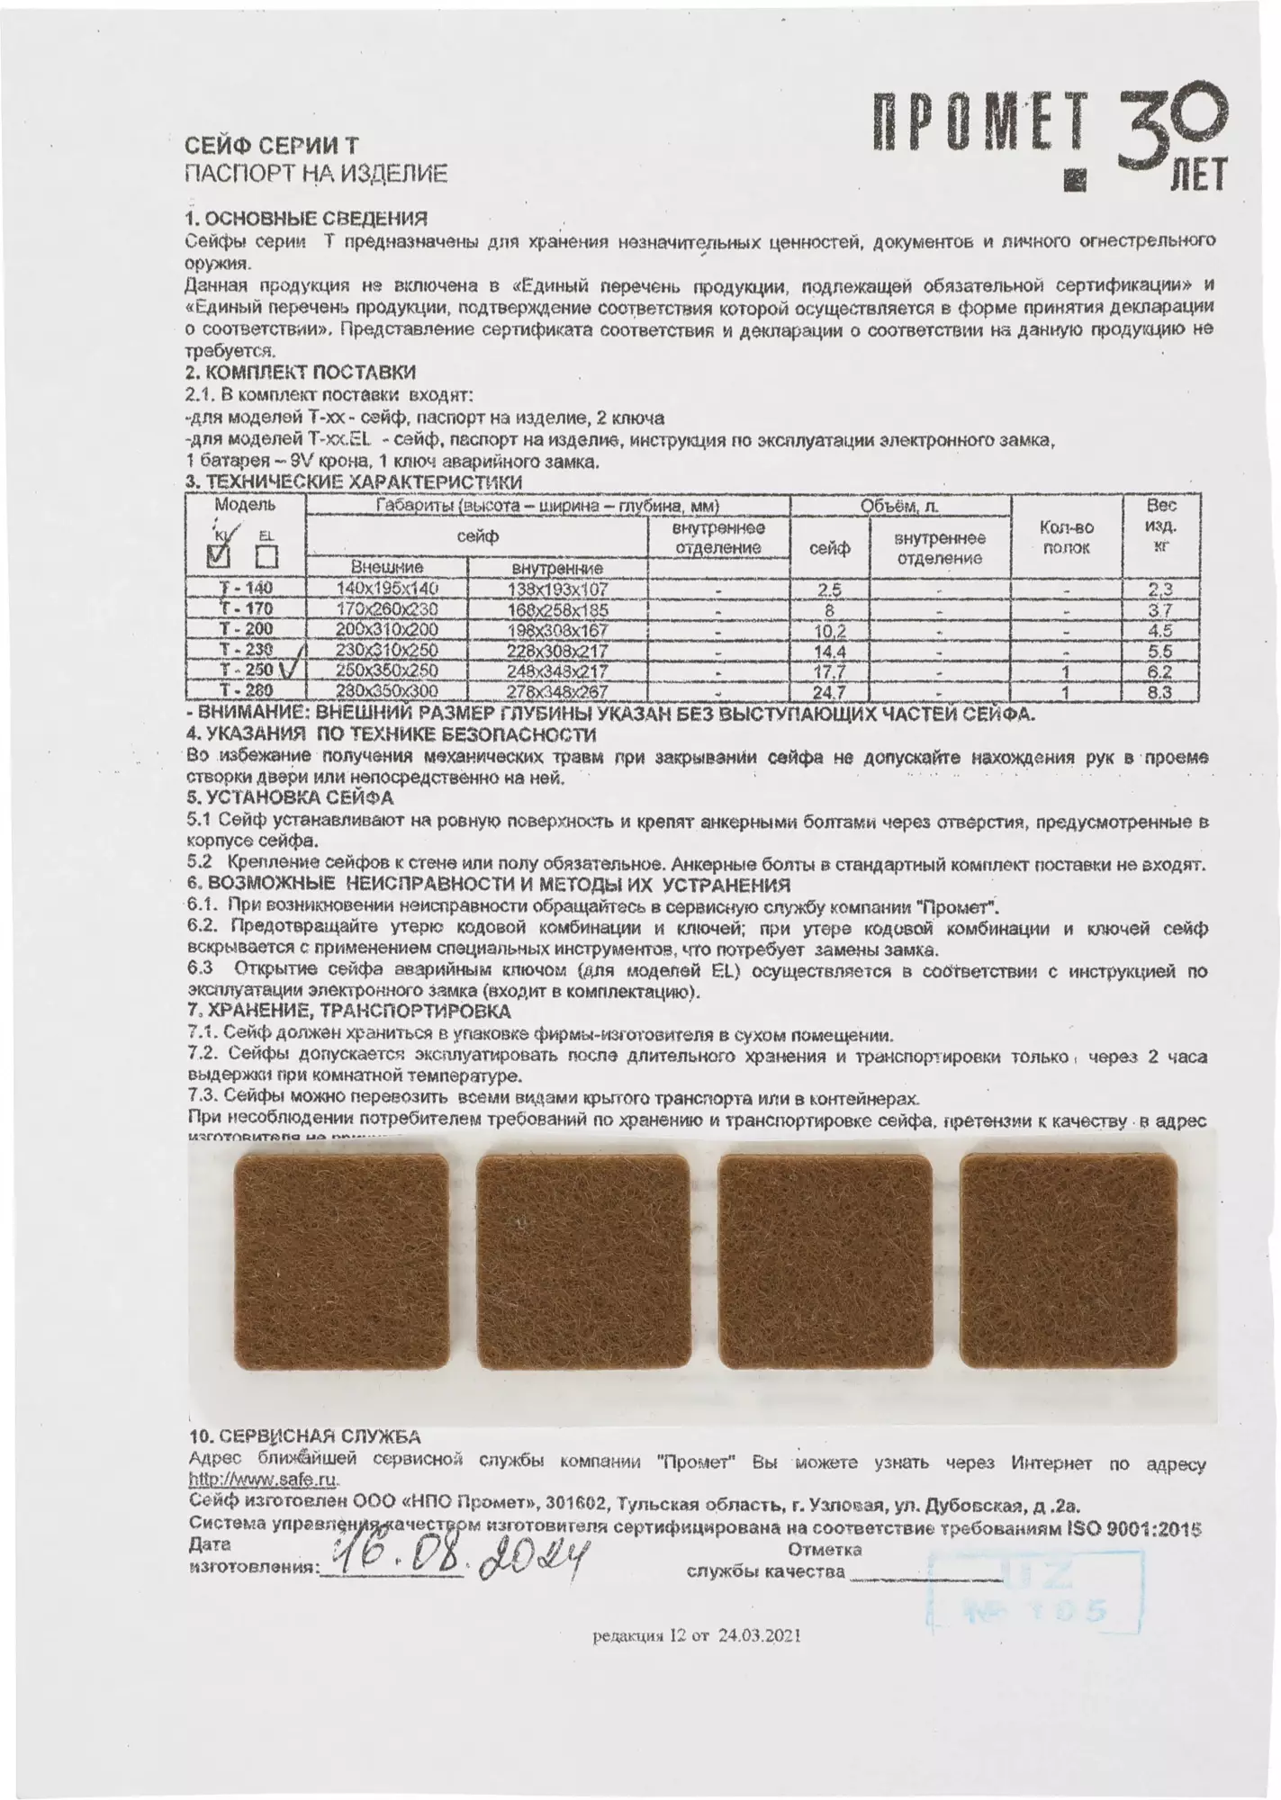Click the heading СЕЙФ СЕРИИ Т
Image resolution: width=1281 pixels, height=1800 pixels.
point(272,146)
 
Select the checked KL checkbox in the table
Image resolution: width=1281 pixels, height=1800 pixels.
point(219,555)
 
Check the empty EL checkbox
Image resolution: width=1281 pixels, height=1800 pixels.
point(266,556)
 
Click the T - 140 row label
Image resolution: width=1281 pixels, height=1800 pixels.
point(246,589)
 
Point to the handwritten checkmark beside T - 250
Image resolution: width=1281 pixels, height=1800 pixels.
point(291,670)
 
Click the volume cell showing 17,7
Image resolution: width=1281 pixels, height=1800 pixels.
point(829,672)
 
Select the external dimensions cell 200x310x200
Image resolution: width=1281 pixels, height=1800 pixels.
point(386,630)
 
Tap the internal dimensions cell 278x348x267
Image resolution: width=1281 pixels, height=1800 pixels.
point(560,692)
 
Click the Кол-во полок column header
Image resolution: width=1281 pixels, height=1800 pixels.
point(1066,537)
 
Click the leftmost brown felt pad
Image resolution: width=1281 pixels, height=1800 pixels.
point(341,1274)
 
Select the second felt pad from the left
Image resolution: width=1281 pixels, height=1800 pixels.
point(582,1274)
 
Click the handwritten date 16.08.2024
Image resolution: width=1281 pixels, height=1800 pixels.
point(459,1562)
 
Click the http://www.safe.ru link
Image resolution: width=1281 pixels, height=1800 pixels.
point(265,1479)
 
